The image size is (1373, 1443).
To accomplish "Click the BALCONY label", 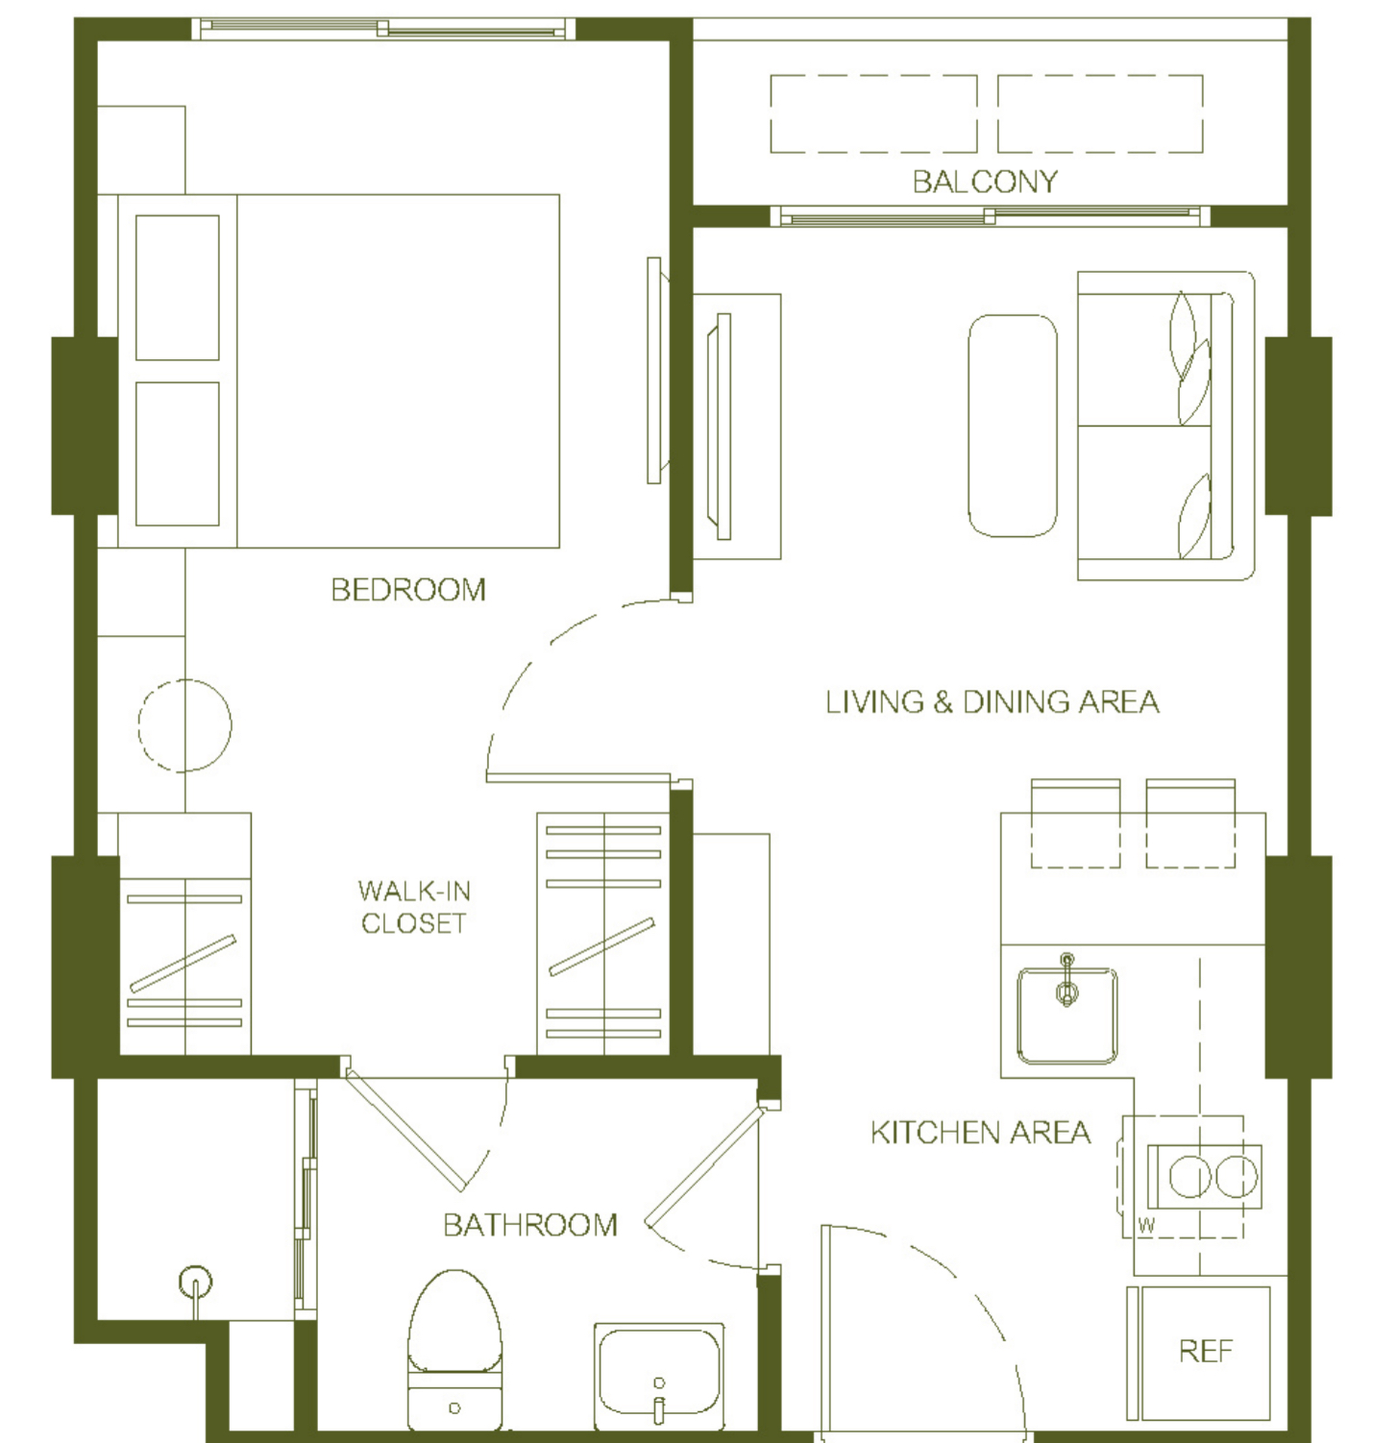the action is (985, 182).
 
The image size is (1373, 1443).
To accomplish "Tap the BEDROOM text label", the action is (408, 589).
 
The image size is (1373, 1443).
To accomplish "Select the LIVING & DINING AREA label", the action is (992, 701).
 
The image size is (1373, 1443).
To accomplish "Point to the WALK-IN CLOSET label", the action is (414, 907).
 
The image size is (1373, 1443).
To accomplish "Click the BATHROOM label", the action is (530, 1225).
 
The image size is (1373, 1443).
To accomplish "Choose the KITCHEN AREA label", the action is (980, 1133).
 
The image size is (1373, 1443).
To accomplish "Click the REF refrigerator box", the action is (1206, 1352).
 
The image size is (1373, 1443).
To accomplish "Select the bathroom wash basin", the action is (658, 1377).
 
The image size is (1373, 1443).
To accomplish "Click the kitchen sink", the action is (1067, 1015).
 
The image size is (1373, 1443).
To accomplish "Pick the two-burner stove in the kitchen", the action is (1205, 1177).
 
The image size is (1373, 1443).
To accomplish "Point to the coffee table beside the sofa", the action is (1013, 426).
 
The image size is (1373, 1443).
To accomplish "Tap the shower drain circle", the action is (195, 1283).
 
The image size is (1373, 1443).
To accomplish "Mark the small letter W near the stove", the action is (1146, 1225).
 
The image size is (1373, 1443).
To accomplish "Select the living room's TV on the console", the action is (720, 427).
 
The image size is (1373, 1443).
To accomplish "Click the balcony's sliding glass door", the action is (991, 216).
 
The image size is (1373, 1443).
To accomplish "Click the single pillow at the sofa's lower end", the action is (1194, 517).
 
